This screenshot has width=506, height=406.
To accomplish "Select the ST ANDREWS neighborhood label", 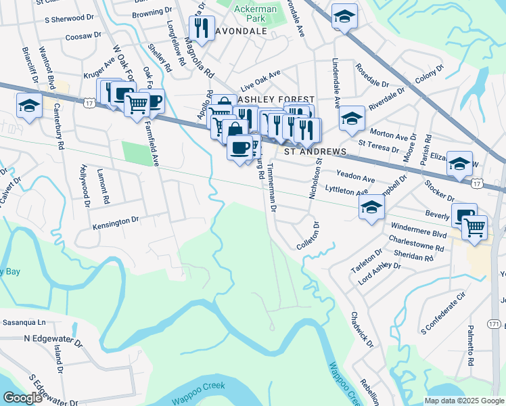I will click(x=315, y=152).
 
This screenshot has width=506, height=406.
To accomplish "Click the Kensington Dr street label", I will click(x=116, y=220).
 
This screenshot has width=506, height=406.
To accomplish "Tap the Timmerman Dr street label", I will click(x=271, y=188).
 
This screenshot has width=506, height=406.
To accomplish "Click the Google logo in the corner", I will click(x=22, y=398).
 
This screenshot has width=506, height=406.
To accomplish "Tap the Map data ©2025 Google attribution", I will click(x=463, y=401).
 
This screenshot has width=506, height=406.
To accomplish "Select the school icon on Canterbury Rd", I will click(x=30, y=106).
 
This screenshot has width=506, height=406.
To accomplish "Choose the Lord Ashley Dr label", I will click(x=379, y=272).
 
